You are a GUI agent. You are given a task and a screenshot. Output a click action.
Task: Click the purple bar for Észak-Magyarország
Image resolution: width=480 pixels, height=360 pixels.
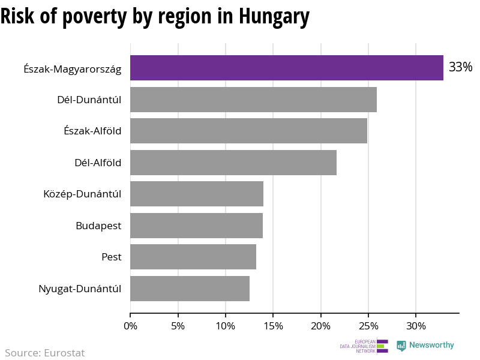287,68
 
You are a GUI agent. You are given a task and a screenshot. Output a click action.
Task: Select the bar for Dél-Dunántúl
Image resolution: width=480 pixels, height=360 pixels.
253,100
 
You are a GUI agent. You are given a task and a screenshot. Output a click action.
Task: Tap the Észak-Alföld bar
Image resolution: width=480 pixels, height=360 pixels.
248,131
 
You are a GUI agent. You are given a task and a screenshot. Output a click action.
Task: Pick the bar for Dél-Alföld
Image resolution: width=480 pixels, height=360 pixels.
233,162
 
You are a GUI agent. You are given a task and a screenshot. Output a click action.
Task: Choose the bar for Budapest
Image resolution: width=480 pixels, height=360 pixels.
196,226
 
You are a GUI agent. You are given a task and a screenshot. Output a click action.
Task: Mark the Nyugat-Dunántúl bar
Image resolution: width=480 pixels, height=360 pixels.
190,289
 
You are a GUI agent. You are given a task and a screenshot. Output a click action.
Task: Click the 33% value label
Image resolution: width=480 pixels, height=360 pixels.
460,67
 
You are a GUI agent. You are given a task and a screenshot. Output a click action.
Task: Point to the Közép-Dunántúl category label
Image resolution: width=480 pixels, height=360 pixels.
82,194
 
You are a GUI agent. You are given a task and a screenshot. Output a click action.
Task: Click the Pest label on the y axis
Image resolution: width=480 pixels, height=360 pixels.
112,257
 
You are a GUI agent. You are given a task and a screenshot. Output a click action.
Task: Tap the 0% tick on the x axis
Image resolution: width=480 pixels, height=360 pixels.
130,326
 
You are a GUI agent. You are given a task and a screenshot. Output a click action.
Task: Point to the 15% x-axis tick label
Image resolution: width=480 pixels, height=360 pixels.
273,326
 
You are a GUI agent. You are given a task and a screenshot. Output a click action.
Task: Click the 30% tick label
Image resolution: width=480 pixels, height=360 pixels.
416,326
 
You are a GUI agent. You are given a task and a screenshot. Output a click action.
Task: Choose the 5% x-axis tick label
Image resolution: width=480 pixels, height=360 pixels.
178,326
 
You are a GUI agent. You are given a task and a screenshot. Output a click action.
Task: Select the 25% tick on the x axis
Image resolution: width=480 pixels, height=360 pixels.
368,326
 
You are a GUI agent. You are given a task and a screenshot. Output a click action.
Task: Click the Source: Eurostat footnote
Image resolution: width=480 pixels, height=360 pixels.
45,353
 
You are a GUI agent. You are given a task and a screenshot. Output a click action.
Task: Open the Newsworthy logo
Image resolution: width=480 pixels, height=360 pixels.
425,346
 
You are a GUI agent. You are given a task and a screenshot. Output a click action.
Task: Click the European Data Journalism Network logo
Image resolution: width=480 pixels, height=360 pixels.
364,346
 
